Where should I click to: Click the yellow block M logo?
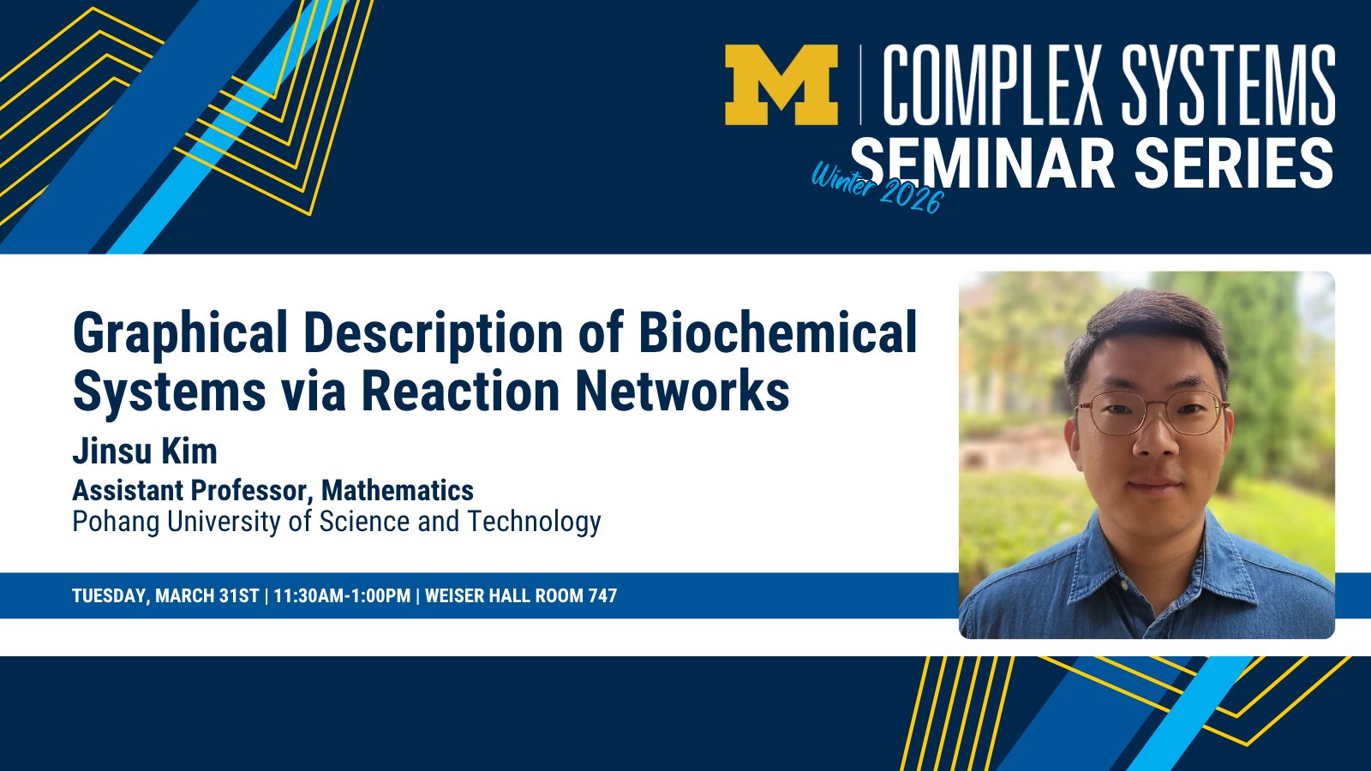[781, 85]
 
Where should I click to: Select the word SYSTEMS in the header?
[1229, 85]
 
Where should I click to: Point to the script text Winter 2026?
[877, 188]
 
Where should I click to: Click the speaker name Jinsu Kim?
[145, 451]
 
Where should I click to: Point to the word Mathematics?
[398, 490]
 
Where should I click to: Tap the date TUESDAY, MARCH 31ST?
[166, 596]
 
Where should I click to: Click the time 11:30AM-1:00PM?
[342, 596]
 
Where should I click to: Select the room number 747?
[602, 596]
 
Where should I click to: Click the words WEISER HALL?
[480, 596]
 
